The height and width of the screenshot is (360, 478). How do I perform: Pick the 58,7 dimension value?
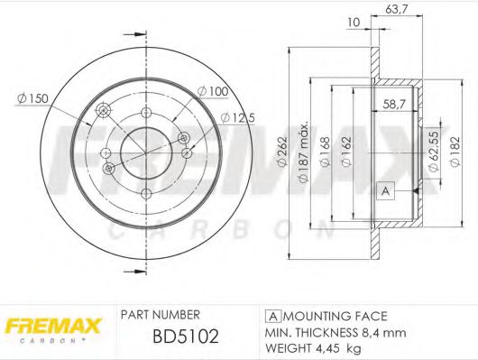coord(392,105)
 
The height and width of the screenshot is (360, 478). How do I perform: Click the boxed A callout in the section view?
coord(386,190)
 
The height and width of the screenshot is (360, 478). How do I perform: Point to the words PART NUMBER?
coord(160,315)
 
